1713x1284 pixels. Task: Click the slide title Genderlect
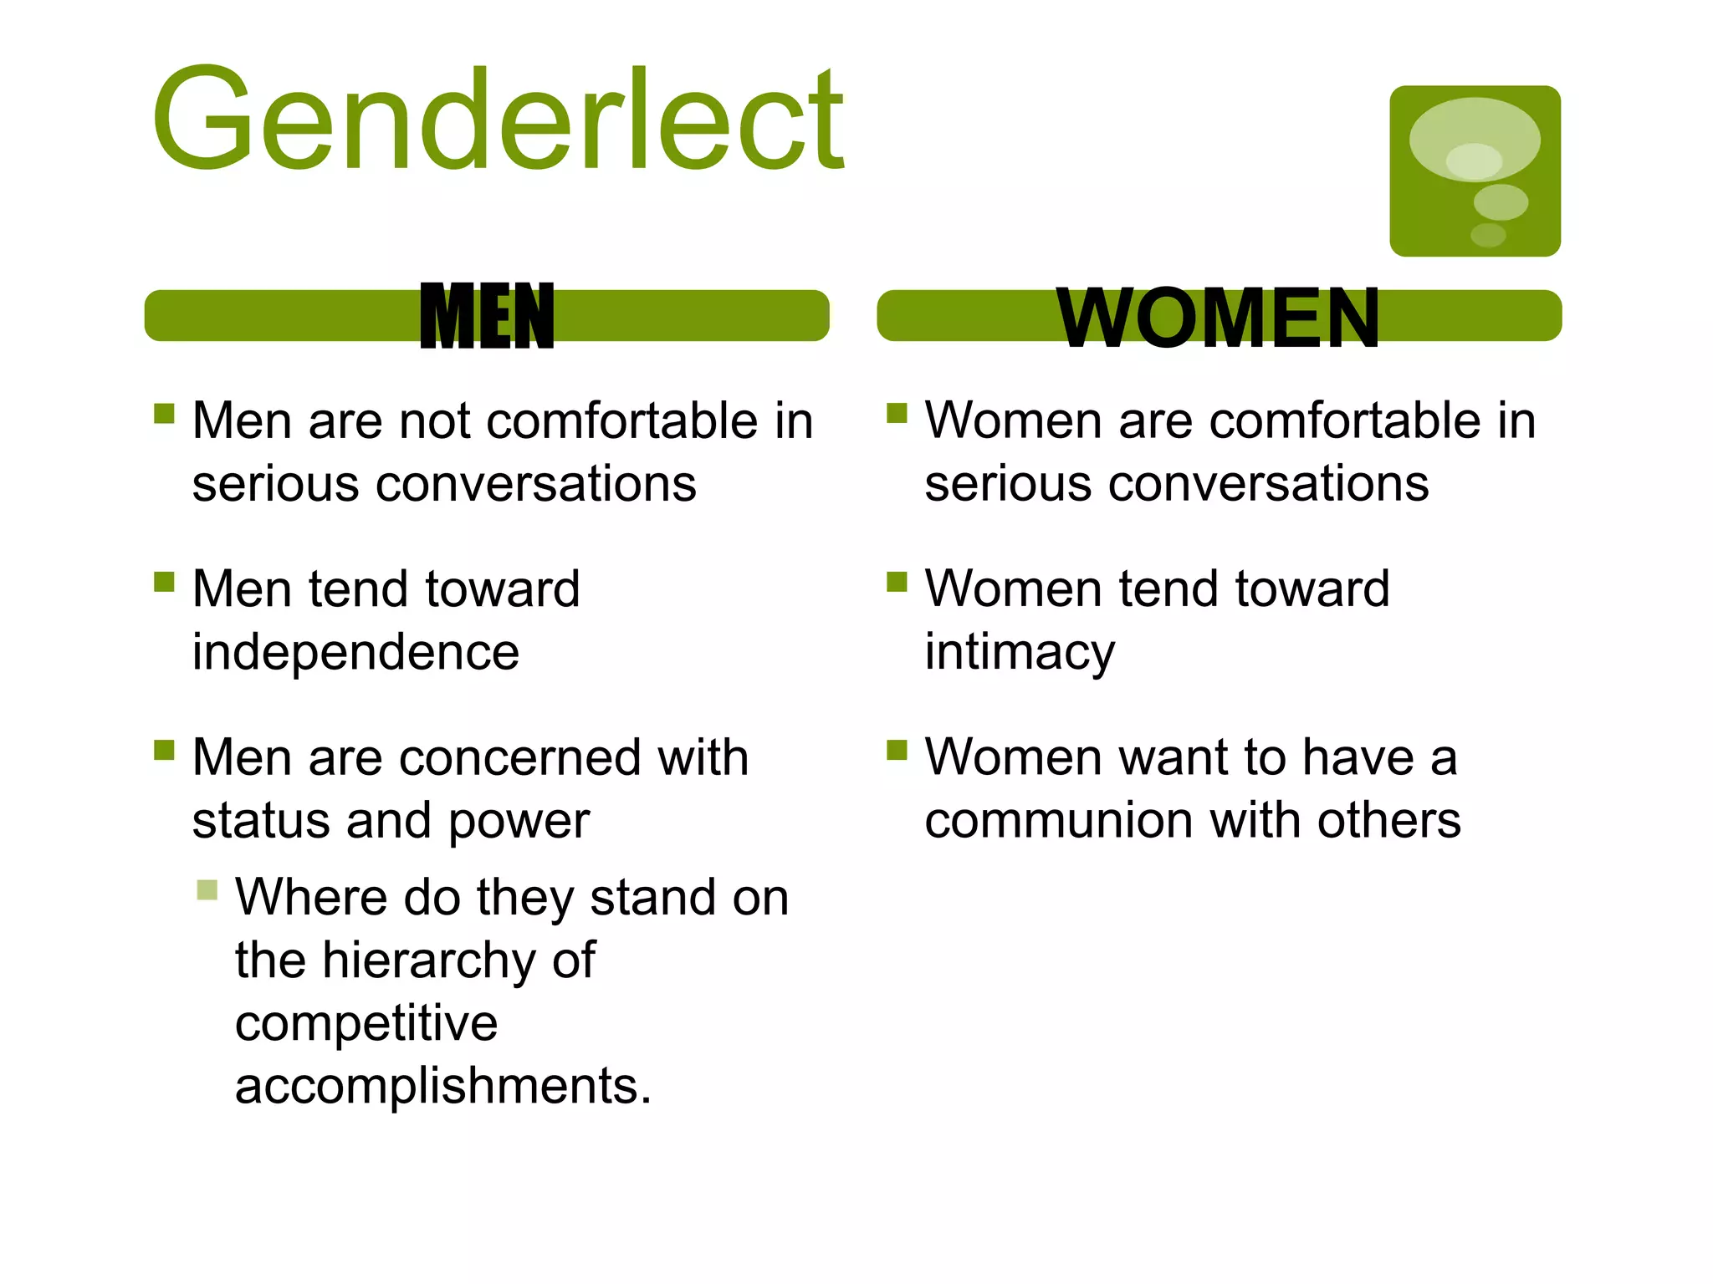tap(498, 121)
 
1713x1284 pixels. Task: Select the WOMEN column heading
tap(1218, 318)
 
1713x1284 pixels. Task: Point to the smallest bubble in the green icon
tap(1488, 235)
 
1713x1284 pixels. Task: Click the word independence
tap(355, 653)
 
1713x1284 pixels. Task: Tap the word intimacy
tap(1019, 653)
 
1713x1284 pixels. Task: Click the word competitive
tap(366, 1023)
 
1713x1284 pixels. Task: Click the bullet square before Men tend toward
tap(164, 581)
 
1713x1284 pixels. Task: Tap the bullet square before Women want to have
tap(897, 749)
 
